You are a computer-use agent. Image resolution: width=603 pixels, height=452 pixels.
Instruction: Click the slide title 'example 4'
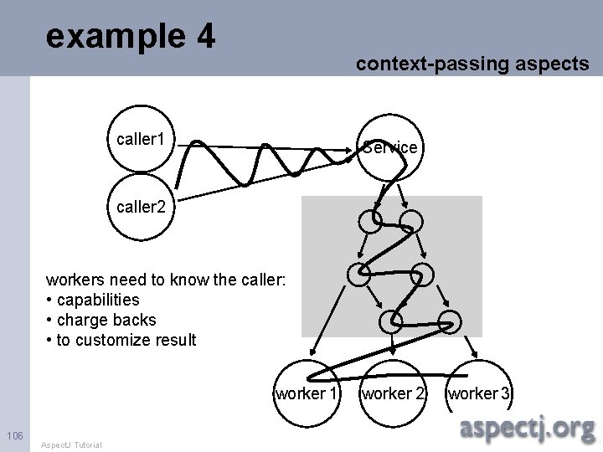[x=131, y=37]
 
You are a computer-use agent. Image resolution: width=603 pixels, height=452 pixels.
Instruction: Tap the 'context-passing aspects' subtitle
[x=472, y=64]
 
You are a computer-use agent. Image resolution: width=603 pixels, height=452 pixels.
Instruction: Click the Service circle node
[x=389, y=146]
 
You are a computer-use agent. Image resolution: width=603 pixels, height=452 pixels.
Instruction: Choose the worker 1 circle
[x=307, y=392]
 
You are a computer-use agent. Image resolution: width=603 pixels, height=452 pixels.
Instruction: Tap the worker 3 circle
[x=481, y=392]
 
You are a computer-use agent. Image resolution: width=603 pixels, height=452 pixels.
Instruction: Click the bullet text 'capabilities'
[x=97, y=300]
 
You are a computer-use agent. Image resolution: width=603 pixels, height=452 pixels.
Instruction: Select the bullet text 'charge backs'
[x=106, y=320]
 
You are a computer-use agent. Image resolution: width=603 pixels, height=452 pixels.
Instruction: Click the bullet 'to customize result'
[x=126, y=340]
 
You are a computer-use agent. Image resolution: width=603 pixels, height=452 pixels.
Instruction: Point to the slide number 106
[x=14, y=434]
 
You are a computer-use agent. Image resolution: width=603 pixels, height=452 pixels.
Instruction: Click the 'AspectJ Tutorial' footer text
[x=71, y=444]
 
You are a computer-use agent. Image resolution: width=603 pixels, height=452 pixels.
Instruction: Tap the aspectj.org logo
[x=528, y=429]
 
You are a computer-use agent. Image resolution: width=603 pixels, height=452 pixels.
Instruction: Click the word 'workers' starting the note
[x=73, y=279]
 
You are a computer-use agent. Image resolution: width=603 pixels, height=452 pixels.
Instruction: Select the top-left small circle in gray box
[x=369, y=221]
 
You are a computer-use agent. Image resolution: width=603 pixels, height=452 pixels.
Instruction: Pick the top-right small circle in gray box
[x=411, y=221]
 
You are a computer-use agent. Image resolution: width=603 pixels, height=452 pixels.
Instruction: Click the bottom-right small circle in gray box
[x=450, y=321]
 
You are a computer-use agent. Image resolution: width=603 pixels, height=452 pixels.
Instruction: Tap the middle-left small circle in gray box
[x=358, y=274]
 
